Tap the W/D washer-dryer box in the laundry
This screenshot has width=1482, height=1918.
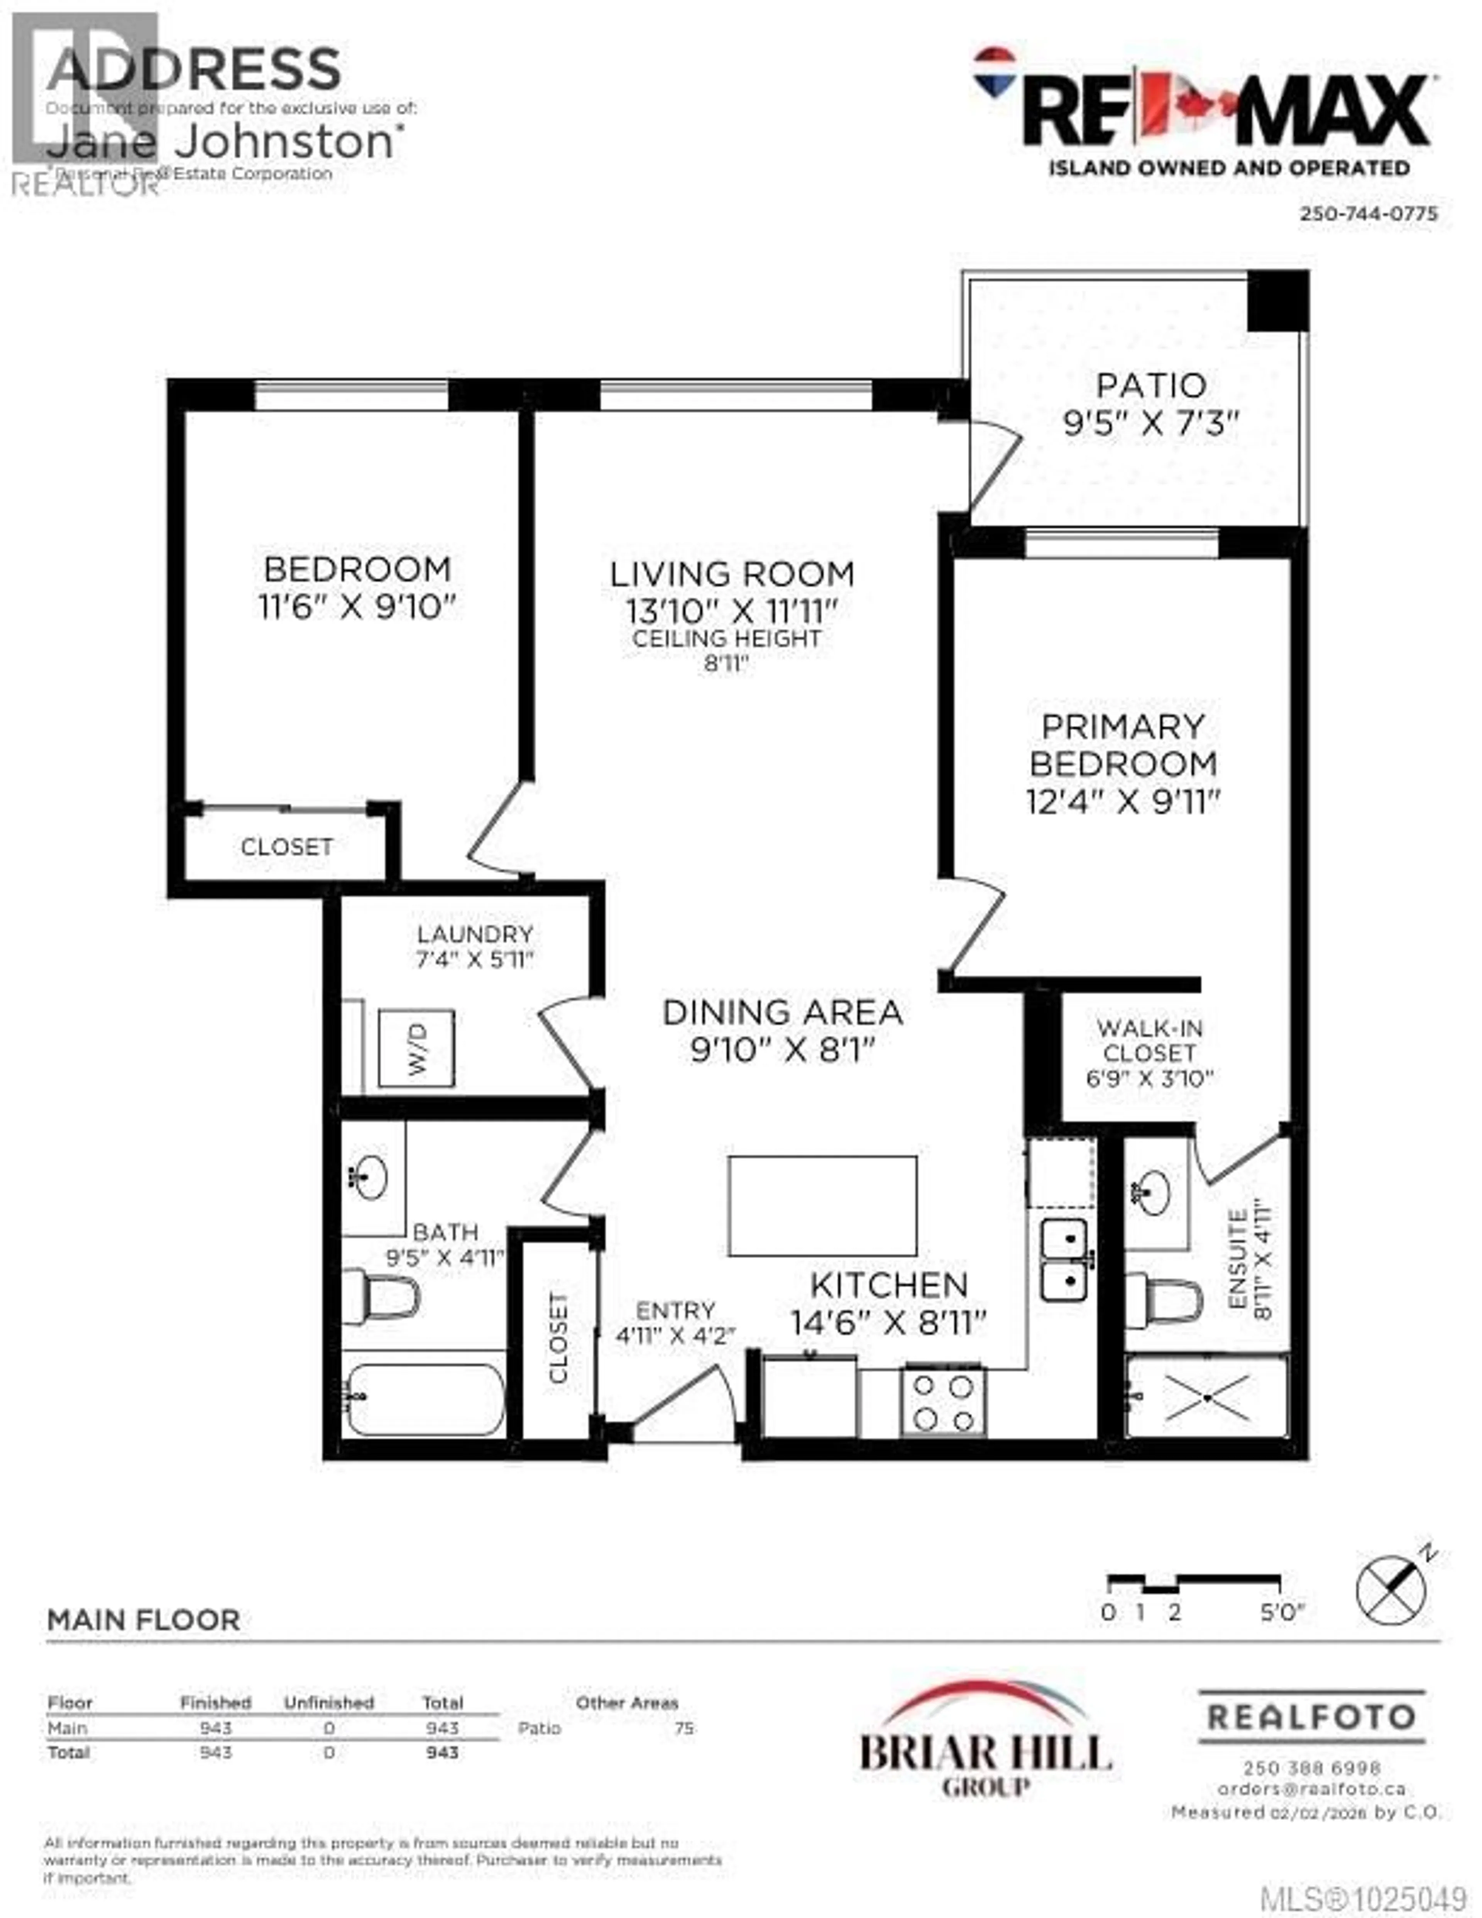(416, 1049)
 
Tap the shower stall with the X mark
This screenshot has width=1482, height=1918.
(1207, 1397)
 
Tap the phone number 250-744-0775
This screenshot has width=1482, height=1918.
(1368, 213)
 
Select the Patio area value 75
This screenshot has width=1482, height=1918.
(684, 1728)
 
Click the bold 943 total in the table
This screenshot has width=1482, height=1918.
(442, 1753)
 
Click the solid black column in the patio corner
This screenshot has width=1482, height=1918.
(1277, 300)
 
